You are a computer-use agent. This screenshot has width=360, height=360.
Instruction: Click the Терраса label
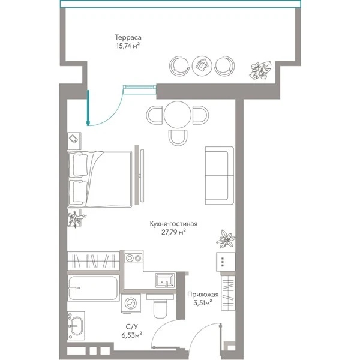tap(128, 37)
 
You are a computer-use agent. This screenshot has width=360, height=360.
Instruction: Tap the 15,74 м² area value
tap(128, 46)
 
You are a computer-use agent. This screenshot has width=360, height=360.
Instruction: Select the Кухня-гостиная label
tap(173, 224)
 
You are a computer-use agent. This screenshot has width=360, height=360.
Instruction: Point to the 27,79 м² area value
tap(173, 232)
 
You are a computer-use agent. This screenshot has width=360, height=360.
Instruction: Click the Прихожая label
tap(203, 295)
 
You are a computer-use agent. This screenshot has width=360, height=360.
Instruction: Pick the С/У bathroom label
tap(132, 326)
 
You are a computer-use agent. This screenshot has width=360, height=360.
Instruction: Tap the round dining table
tap(178, 115)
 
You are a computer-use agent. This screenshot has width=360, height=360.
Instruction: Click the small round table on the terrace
tap(202, 66)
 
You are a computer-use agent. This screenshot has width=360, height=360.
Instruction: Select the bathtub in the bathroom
tap(93, 288)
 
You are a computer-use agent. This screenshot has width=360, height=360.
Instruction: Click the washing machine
tap(131, 303)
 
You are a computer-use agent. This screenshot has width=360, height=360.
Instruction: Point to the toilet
tap(160, 306)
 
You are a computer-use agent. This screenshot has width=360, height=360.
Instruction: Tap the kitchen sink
tap(164, 280)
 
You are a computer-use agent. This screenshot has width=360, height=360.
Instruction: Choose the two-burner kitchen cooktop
tap(133, 258)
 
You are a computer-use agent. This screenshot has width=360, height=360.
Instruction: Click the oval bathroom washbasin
tap(76, 326)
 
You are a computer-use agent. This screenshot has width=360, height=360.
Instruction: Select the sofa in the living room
tap(220, 175)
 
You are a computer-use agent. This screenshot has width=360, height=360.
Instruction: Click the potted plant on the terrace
tap(260, 70)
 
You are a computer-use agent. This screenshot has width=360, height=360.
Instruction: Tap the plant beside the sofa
tap(226, 239)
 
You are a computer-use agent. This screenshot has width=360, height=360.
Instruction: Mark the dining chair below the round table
tap(178, 137)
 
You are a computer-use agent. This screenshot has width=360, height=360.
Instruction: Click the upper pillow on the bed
tap(80, 166)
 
